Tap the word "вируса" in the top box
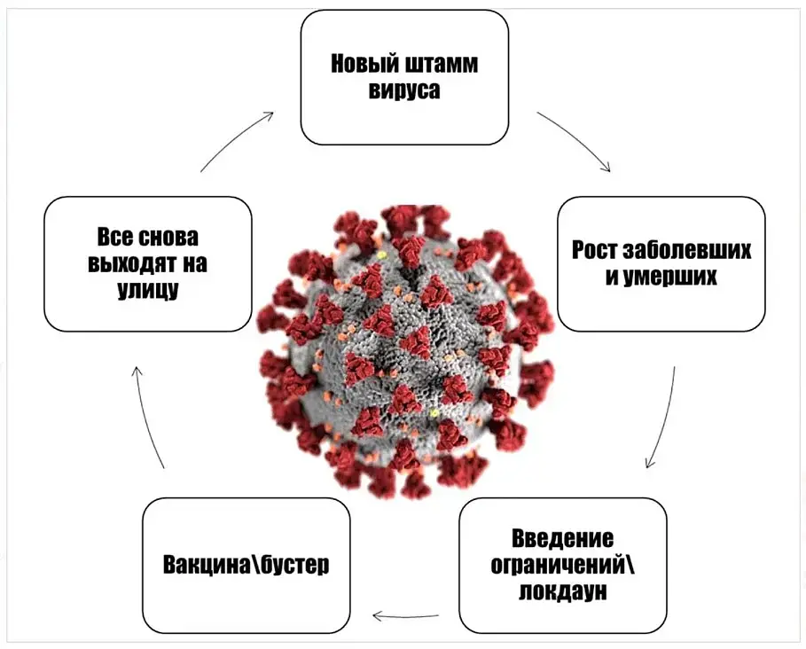403,91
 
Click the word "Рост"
594,249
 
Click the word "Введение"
562,538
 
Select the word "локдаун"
562,591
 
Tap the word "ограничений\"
562,565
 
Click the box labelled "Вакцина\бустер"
246,565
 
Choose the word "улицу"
147,290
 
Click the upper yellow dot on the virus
383,255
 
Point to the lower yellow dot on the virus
434,413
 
